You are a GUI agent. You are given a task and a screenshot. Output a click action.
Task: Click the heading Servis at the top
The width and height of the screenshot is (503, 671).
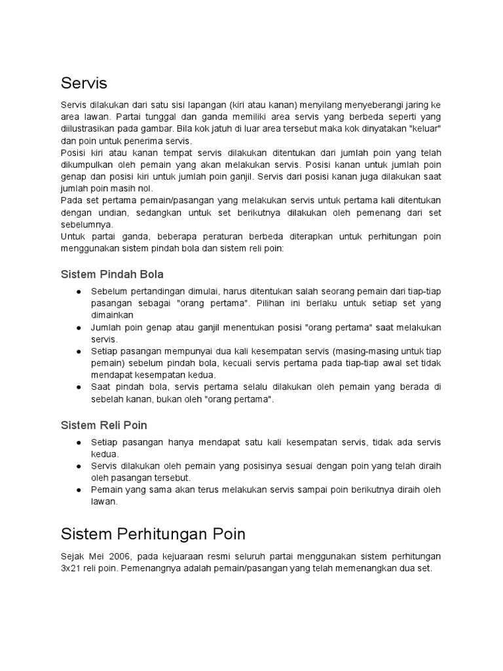tap(84, 84)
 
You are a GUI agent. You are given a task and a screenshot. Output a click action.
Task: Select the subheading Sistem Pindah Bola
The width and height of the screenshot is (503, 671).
tap(112, 273)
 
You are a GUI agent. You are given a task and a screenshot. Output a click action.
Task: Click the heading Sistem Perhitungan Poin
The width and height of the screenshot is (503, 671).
tap(153, 533)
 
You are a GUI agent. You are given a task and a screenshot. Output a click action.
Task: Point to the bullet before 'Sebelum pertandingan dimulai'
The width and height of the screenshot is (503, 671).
tap(79, 292)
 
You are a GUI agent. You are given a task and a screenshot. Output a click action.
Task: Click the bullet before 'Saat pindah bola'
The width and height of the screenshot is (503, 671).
tap(79, 387)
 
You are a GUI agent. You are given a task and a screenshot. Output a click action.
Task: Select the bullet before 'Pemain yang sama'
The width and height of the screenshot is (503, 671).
tap(79, 489)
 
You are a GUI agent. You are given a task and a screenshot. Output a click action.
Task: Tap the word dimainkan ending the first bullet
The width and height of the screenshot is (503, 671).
tap(112, 315)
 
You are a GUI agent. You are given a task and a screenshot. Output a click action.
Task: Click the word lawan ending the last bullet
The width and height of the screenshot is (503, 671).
tap(103, 501)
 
